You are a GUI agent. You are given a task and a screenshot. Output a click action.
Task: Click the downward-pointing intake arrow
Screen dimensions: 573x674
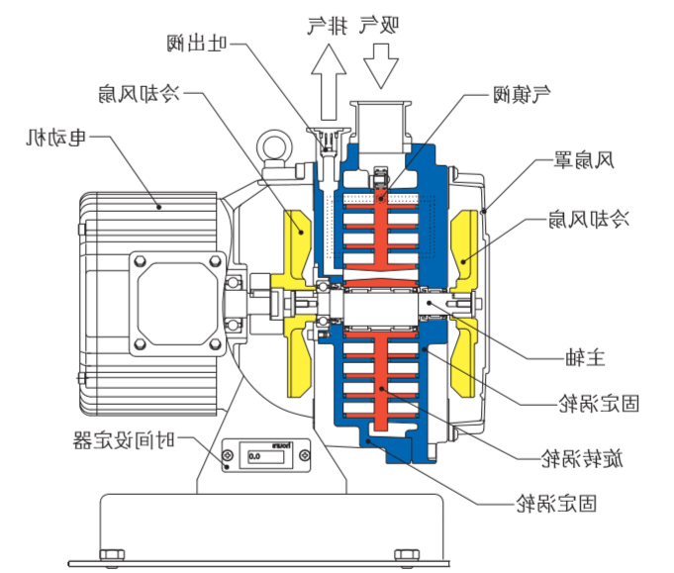point(381,65)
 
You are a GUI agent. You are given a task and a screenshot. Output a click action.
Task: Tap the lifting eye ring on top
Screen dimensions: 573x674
point(272,148)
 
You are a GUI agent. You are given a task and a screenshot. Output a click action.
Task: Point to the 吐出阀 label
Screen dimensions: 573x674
point(198,43)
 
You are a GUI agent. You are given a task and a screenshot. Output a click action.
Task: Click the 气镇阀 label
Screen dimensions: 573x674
point(522,95)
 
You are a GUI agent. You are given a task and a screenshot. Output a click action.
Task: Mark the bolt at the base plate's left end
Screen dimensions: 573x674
point(111,555)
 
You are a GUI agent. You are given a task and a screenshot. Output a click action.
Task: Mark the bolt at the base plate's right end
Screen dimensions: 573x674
point(407,555)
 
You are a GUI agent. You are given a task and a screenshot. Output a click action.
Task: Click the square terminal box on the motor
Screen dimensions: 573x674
point(179,297)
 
